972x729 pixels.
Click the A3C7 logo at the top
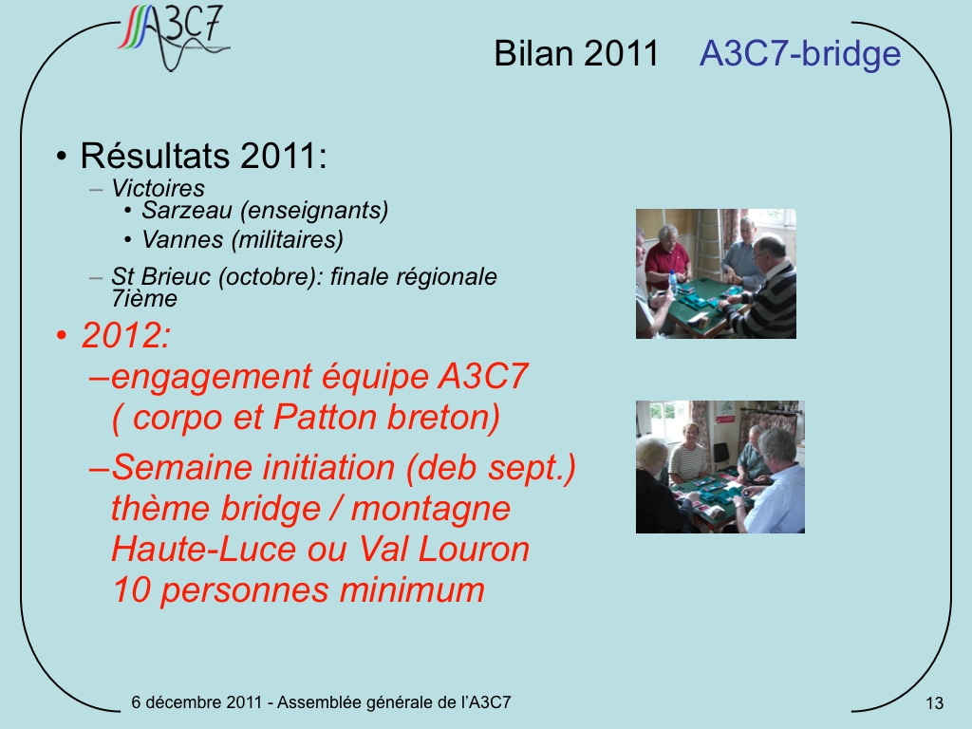(x=174, y=37)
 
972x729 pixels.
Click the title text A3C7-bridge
(x=799, y=53)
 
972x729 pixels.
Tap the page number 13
(x=934, y=703)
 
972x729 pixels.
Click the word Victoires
(x=159, y=188)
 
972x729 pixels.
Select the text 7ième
(x=144, y=299)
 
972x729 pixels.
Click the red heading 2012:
(x=126, y=335)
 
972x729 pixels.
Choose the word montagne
(x=431, y=509)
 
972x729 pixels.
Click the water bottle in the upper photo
(x=673, y=283)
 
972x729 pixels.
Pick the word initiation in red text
(x=327, y=467)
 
